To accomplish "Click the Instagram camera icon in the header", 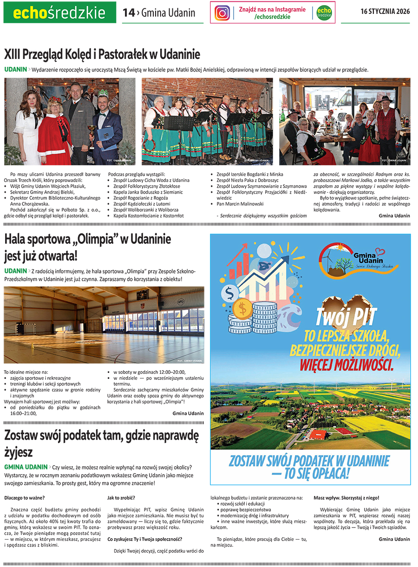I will pyautogui.click(x=222, y=13).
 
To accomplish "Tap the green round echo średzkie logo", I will pyautogui.click(x=324, y=13).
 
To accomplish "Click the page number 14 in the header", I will pyautogui.click(x=128, y=13).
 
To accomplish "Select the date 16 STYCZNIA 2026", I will pyautogui.click(x=385, y=12).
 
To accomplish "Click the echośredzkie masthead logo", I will pyautogui.click(x=59, y=13).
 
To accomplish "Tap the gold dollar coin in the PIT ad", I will pyautogui.click(x=242, y=307).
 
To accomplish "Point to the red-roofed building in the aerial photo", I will pyautogui.click(x=318, y=434).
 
